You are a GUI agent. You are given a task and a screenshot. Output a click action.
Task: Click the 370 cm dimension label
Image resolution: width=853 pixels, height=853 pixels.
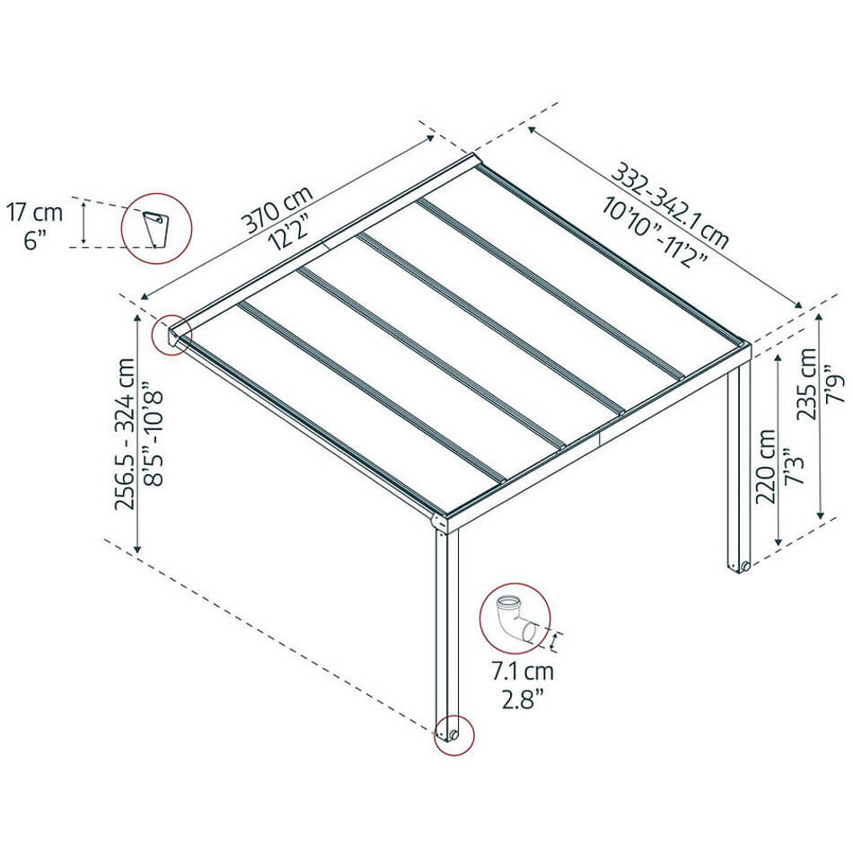point(278,209)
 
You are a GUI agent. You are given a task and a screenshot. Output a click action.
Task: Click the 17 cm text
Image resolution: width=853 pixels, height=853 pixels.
point(35,212)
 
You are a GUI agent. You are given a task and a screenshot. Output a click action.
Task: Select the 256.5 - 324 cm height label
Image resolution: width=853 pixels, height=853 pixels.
point(125,434)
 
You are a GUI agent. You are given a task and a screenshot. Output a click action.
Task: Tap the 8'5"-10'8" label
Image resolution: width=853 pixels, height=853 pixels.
point(153,434)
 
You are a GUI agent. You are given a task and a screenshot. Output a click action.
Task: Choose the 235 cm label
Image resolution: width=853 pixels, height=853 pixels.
point(807,383)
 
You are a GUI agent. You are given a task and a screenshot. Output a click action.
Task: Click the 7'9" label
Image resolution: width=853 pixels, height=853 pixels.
point(834,383)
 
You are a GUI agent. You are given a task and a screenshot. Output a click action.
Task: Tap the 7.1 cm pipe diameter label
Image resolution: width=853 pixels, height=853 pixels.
point(523,672)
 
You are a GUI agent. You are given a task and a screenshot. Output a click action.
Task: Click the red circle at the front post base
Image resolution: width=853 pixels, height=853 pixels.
point(453,735)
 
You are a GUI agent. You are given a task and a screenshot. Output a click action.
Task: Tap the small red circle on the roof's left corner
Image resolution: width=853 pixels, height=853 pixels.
point(171,335)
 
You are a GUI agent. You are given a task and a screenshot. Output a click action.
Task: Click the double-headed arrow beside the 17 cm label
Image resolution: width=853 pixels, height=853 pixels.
point(84,222)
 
